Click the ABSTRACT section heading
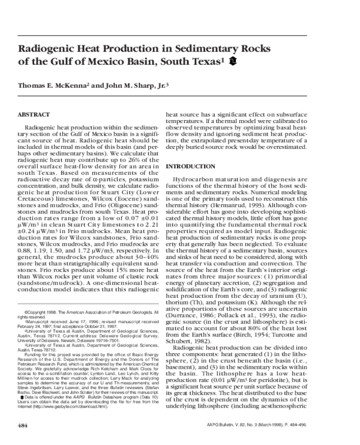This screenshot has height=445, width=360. (34, 114)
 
